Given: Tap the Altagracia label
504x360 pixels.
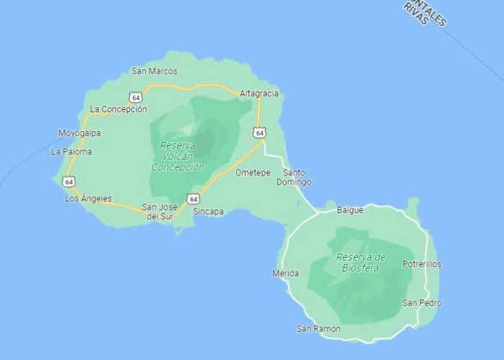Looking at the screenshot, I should [259, 93].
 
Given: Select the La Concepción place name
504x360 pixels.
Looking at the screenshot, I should [118, 109].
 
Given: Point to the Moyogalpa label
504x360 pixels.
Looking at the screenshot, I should [80, 133].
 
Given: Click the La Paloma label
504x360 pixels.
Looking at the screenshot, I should [72, 152].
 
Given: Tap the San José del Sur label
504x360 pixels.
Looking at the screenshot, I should [161, 211].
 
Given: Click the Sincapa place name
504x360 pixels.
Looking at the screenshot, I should [209, 212].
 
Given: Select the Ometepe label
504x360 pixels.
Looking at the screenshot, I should [252, 172].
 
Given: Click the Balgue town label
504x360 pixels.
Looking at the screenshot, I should [350, 210].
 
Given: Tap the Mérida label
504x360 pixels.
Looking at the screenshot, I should [285, 274].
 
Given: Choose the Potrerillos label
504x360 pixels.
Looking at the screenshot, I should [422, 264].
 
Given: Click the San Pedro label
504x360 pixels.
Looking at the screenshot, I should [422, 303].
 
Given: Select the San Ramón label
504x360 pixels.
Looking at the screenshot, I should [319, 329].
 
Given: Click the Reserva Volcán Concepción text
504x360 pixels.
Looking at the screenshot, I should [178, 156].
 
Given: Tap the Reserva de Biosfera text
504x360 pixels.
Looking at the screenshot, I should [361, 262].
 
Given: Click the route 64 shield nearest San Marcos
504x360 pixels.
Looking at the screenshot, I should [135, 97].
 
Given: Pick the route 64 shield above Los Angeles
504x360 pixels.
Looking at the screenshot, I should [68, 181].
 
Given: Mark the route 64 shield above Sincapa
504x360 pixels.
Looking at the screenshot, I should [193, 198].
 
